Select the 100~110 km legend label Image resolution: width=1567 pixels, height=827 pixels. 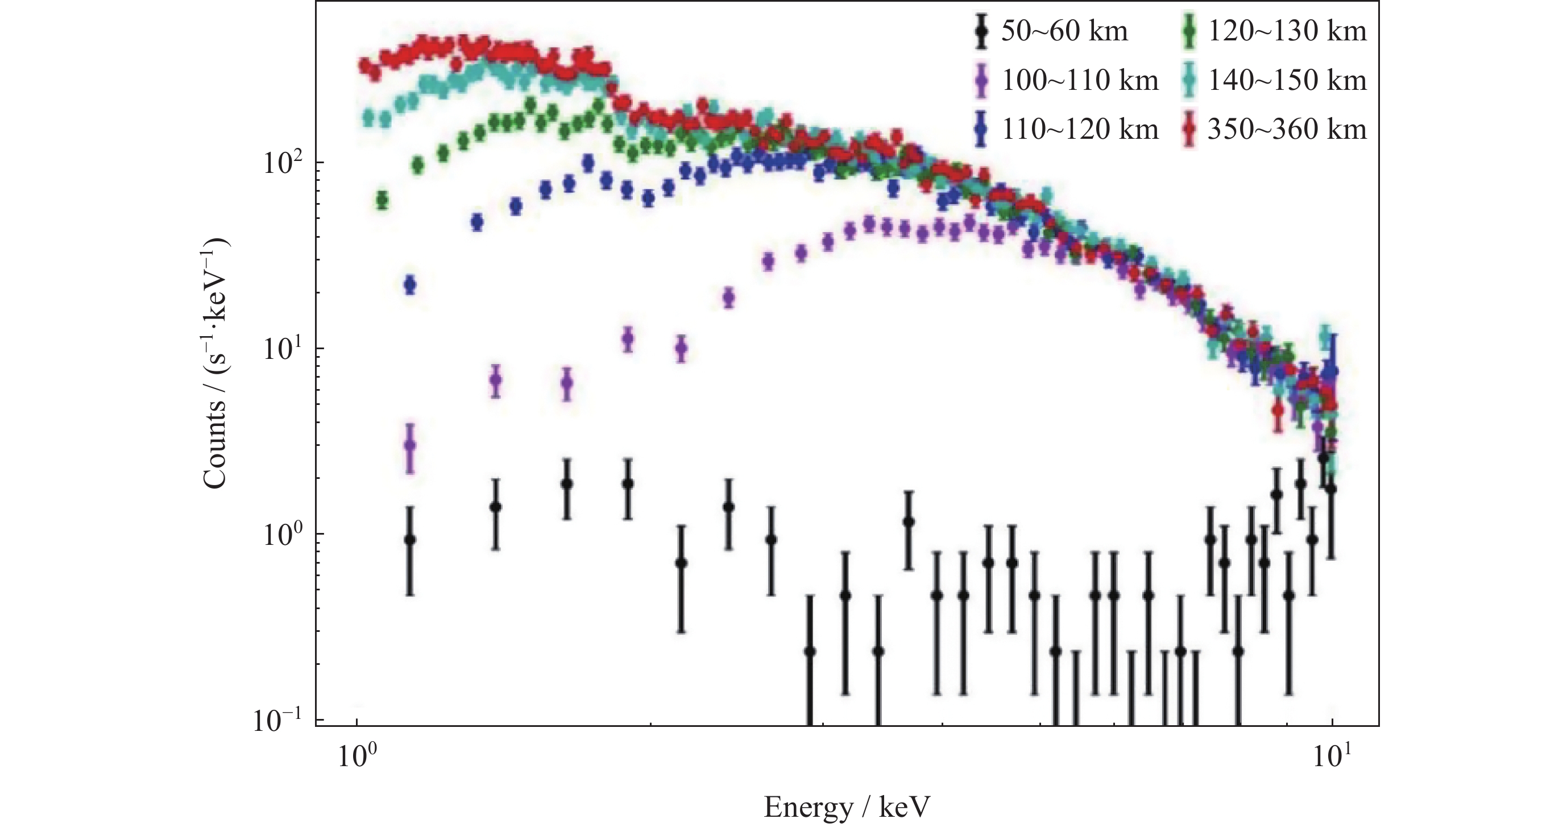point(1080,80)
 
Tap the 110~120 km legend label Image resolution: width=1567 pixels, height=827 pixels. point(1080,129)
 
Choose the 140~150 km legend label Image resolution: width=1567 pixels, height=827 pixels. point(1287,80)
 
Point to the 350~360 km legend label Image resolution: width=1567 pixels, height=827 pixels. point(1287,129)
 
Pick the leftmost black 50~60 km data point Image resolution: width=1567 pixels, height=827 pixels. point(410,540)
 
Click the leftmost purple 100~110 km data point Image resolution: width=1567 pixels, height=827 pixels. point(410,445)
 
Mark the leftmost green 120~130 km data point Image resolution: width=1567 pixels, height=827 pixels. point(382,200)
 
